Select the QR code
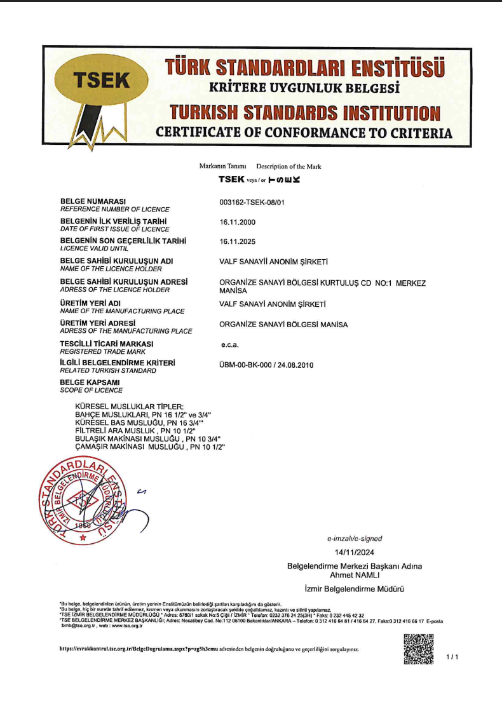[419, 649]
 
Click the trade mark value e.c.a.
[229, 346]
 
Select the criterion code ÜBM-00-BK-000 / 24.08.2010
[266, 365]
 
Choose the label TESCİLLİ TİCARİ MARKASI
[107, 344]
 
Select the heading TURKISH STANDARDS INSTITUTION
[304, 113]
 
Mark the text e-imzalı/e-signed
[355, 538]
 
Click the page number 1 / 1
[452, 657]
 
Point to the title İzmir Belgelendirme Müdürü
[355, 589]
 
